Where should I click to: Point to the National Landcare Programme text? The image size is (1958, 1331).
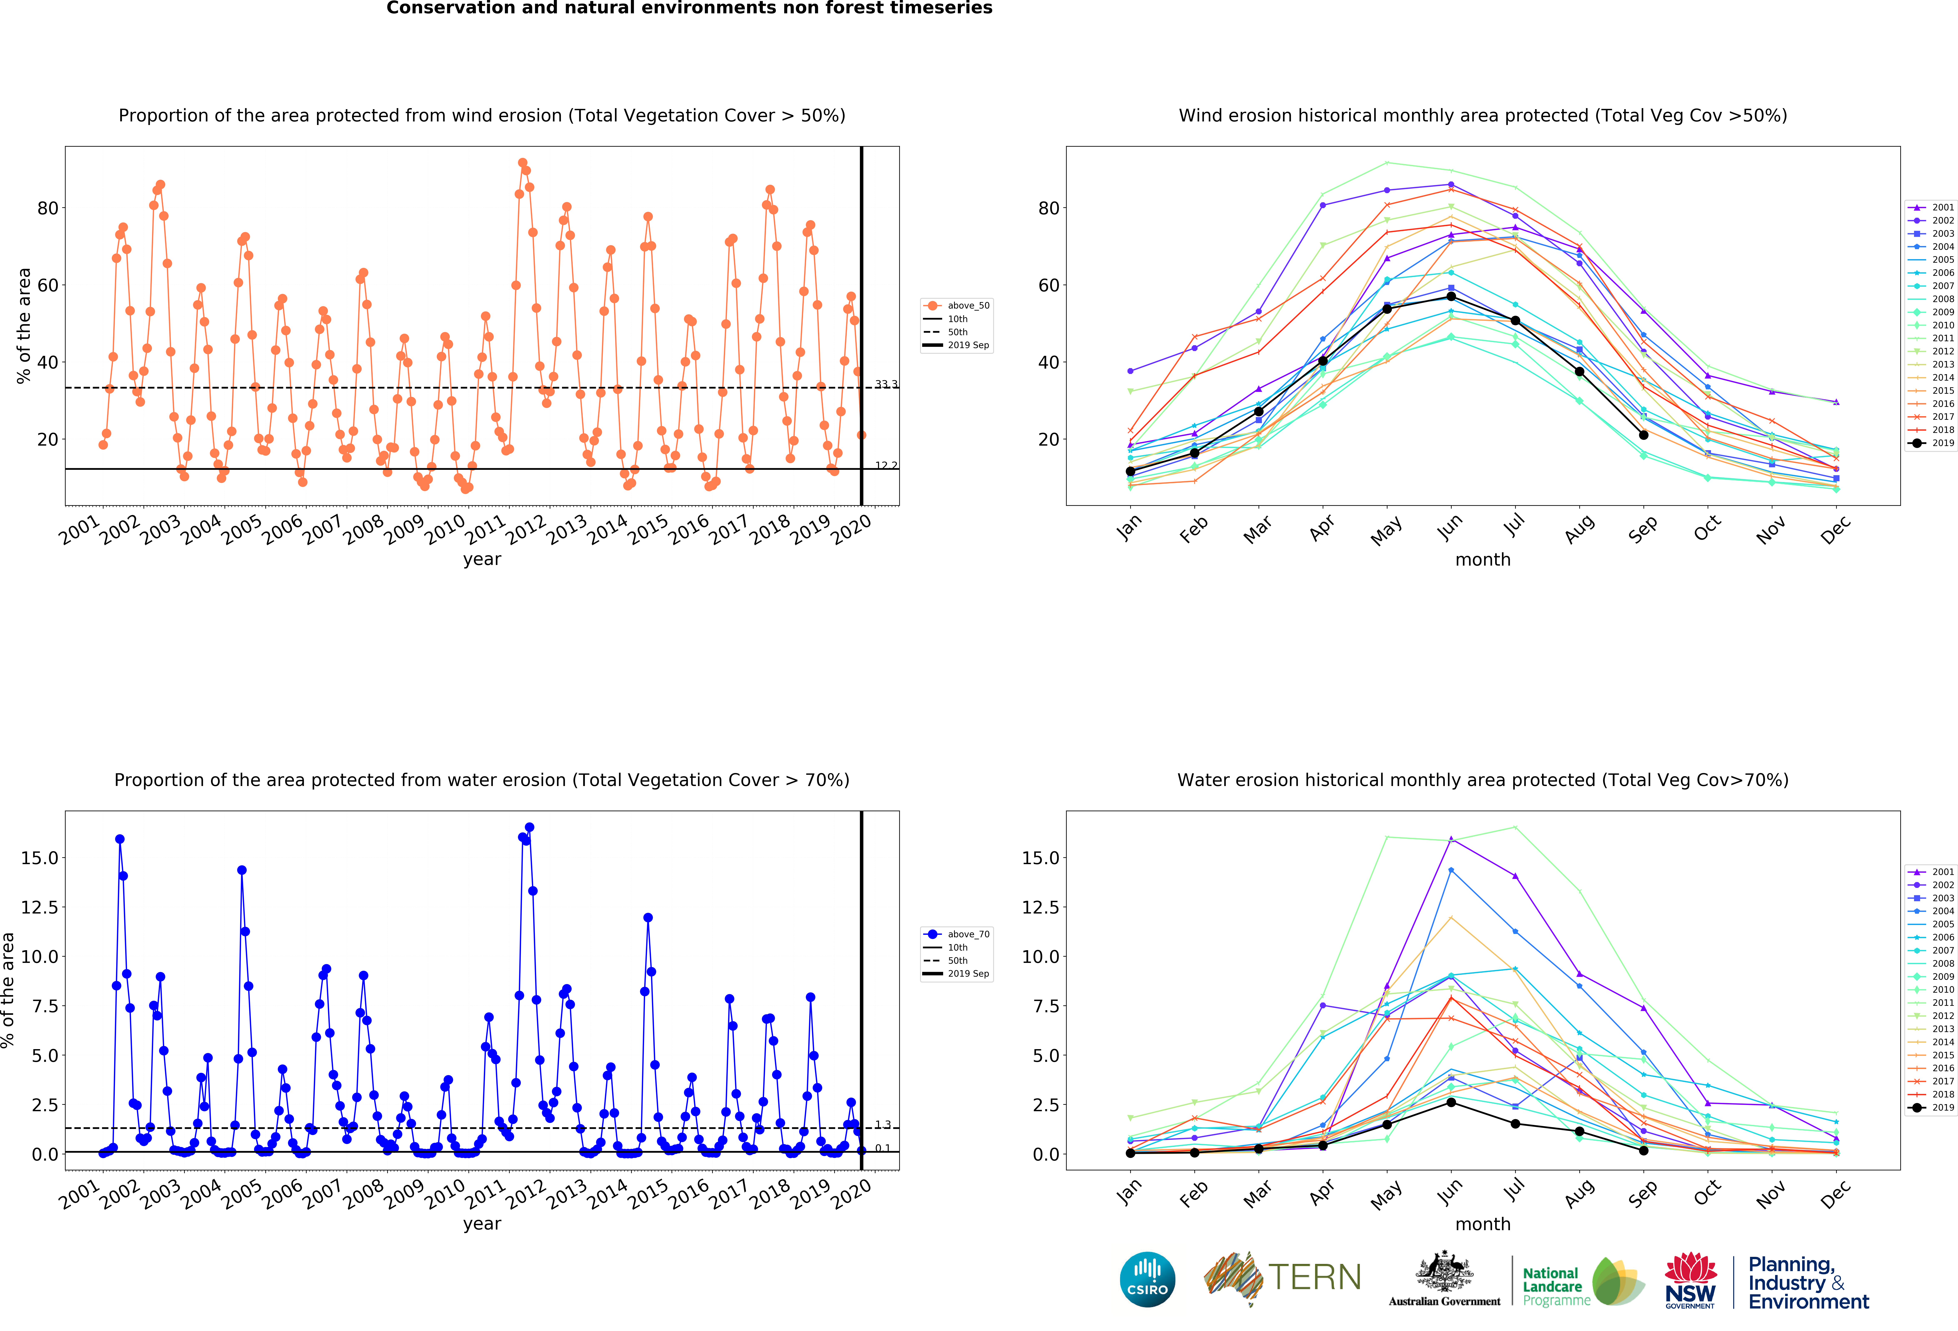click(x=1556, y=1286)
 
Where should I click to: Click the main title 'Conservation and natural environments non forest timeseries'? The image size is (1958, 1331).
click(x=689, y=8)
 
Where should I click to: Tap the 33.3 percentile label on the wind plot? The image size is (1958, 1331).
click(x=886, y=384)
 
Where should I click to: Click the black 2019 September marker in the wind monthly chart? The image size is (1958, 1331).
click(x=1643, y=435)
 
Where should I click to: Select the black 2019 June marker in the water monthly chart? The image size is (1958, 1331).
click(x=1451, y=1102)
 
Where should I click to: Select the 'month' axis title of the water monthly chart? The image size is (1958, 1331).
click(x=1483, y=1224)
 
